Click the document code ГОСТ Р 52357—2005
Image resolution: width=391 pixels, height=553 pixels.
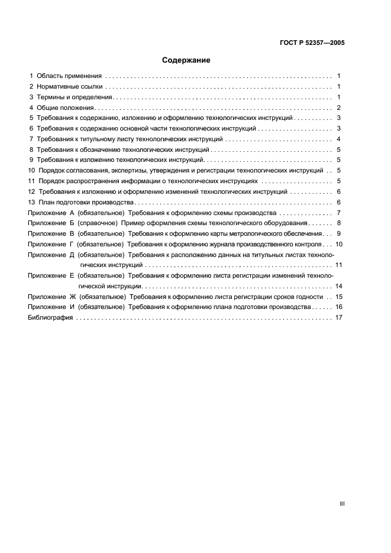312,43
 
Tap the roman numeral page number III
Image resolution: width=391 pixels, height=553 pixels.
342,503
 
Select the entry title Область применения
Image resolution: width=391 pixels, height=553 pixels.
69,76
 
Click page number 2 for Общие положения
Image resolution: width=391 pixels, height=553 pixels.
339,108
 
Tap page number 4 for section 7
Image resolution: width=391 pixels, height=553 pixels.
339,139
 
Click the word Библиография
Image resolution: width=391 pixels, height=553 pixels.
50,318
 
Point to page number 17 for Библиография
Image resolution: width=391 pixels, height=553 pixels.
339,318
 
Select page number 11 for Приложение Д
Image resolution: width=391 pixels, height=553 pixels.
339,265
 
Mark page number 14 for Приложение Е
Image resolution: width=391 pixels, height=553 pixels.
339,286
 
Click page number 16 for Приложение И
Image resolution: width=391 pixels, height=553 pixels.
339,307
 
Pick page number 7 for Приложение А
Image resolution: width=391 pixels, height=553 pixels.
339,213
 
